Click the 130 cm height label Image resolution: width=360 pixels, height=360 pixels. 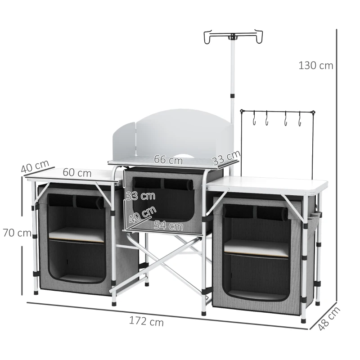point(316,66)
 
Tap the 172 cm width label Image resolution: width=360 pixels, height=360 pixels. point(147,322)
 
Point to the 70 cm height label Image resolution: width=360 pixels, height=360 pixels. point(17,233)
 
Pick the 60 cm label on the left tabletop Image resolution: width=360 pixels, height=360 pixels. point(77,173)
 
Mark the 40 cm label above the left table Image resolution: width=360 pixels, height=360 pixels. point(34,166)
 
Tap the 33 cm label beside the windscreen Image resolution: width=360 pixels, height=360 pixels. point(226,158)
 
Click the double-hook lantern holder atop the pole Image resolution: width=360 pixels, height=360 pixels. point(233,36)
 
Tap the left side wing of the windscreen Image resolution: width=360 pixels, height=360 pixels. point(122,142)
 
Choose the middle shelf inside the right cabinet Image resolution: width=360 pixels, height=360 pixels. point(256,247)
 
